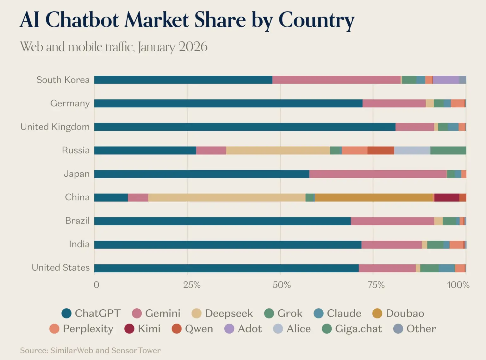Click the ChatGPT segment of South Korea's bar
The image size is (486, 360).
[x=183, y=80]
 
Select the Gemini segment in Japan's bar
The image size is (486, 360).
[x=378, y=174]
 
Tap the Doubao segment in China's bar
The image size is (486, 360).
[x=374, y=197]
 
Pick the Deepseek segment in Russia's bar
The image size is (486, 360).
[x=278, y=150]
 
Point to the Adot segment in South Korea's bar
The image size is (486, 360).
[x=446, y=80]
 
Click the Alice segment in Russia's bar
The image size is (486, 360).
[x=412, y=150]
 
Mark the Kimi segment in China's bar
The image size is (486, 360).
[x=447, y=197]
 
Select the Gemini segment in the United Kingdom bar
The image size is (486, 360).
[x=414, y=127]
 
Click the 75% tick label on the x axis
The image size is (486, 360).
[x=376, y=285]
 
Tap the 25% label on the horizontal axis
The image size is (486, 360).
[x=192, y=285]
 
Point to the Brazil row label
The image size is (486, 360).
[x=77, y=220]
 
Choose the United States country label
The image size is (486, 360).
[x=61, y=268]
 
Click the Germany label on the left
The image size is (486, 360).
[x=70, y=103]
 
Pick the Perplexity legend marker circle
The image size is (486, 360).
[x=54, y=329]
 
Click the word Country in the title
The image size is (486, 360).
[x=316, y=20]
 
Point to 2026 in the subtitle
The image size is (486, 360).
[x=193, y=47]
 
